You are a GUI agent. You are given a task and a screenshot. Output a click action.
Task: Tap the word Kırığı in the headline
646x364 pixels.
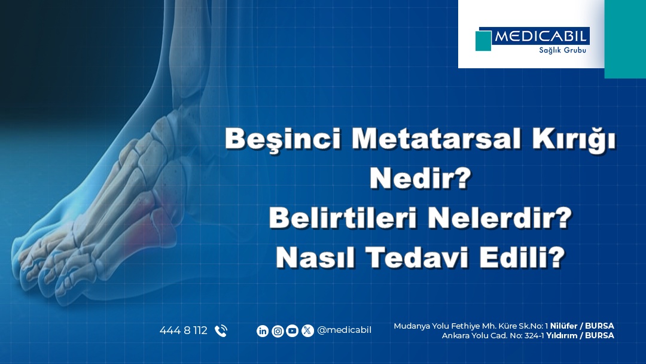point(570,139)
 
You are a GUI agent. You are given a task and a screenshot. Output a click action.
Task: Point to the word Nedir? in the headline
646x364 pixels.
point(419,179)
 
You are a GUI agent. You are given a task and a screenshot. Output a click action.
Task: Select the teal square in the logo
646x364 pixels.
point(483,41)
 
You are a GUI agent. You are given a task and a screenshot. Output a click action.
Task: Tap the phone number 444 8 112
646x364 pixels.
point(183,330)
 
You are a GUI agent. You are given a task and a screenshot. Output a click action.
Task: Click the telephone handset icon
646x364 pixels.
point(221,330)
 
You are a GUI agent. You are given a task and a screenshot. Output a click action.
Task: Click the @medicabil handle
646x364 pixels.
point(344,330)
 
